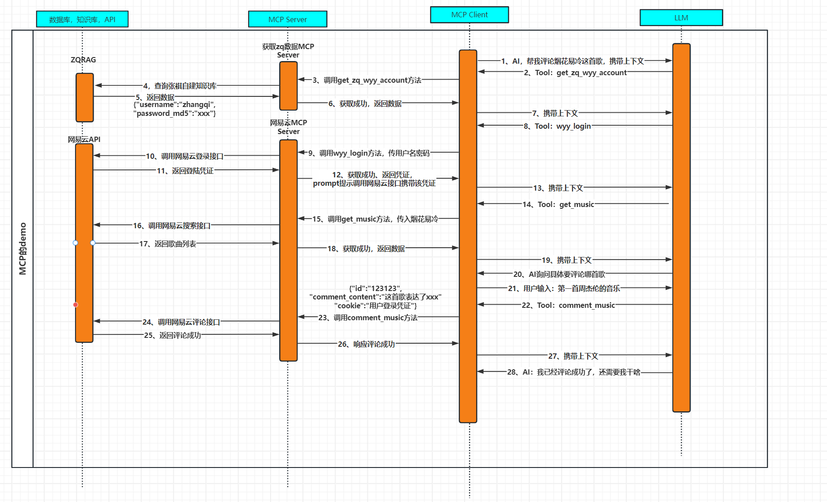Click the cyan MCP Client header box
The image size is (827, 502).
tap(469, 15)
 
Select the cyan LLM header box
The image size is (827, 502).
tap(681, 18)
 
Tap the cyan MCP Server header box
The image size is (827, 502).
tap(287, 19)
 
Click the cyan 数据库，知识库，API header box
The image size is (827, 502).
tap(82, 19)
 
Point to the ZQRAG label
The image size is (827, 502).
tap(83, 60)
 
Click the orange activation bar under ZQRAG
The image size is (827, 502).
tap(84, 97)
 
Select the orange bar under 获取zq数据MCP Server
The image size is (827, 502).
tap(288, 86)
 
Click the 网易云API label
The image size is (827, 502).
tap(84, 139)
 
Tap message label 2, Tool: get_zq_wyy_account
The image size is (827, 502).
tap(575, 73)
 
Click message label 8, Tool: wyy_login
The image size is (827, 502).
tap(557, 126)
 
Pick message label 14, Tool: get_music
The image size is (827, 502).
tap(558, 204)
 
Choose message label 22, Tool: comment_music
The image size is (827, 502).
tap(568, 305)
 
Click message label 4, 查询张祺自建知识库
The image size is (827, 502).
tap(180, 86)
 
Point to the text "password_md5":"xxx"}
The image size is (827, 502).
tap(175, 114)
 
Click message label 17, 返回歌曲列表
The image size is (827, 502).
tap(168, 244)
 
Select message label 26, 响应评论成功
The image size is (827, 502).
tap(366, 344)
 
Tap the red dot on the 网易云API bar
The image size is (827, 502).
tap(76, 305)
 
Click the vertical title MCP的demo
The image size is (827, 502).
tap(23, 249)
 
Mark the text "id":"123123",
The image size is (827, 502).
tap(376, 288)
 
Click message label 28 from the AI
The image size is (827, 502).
tap(573, 372)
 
